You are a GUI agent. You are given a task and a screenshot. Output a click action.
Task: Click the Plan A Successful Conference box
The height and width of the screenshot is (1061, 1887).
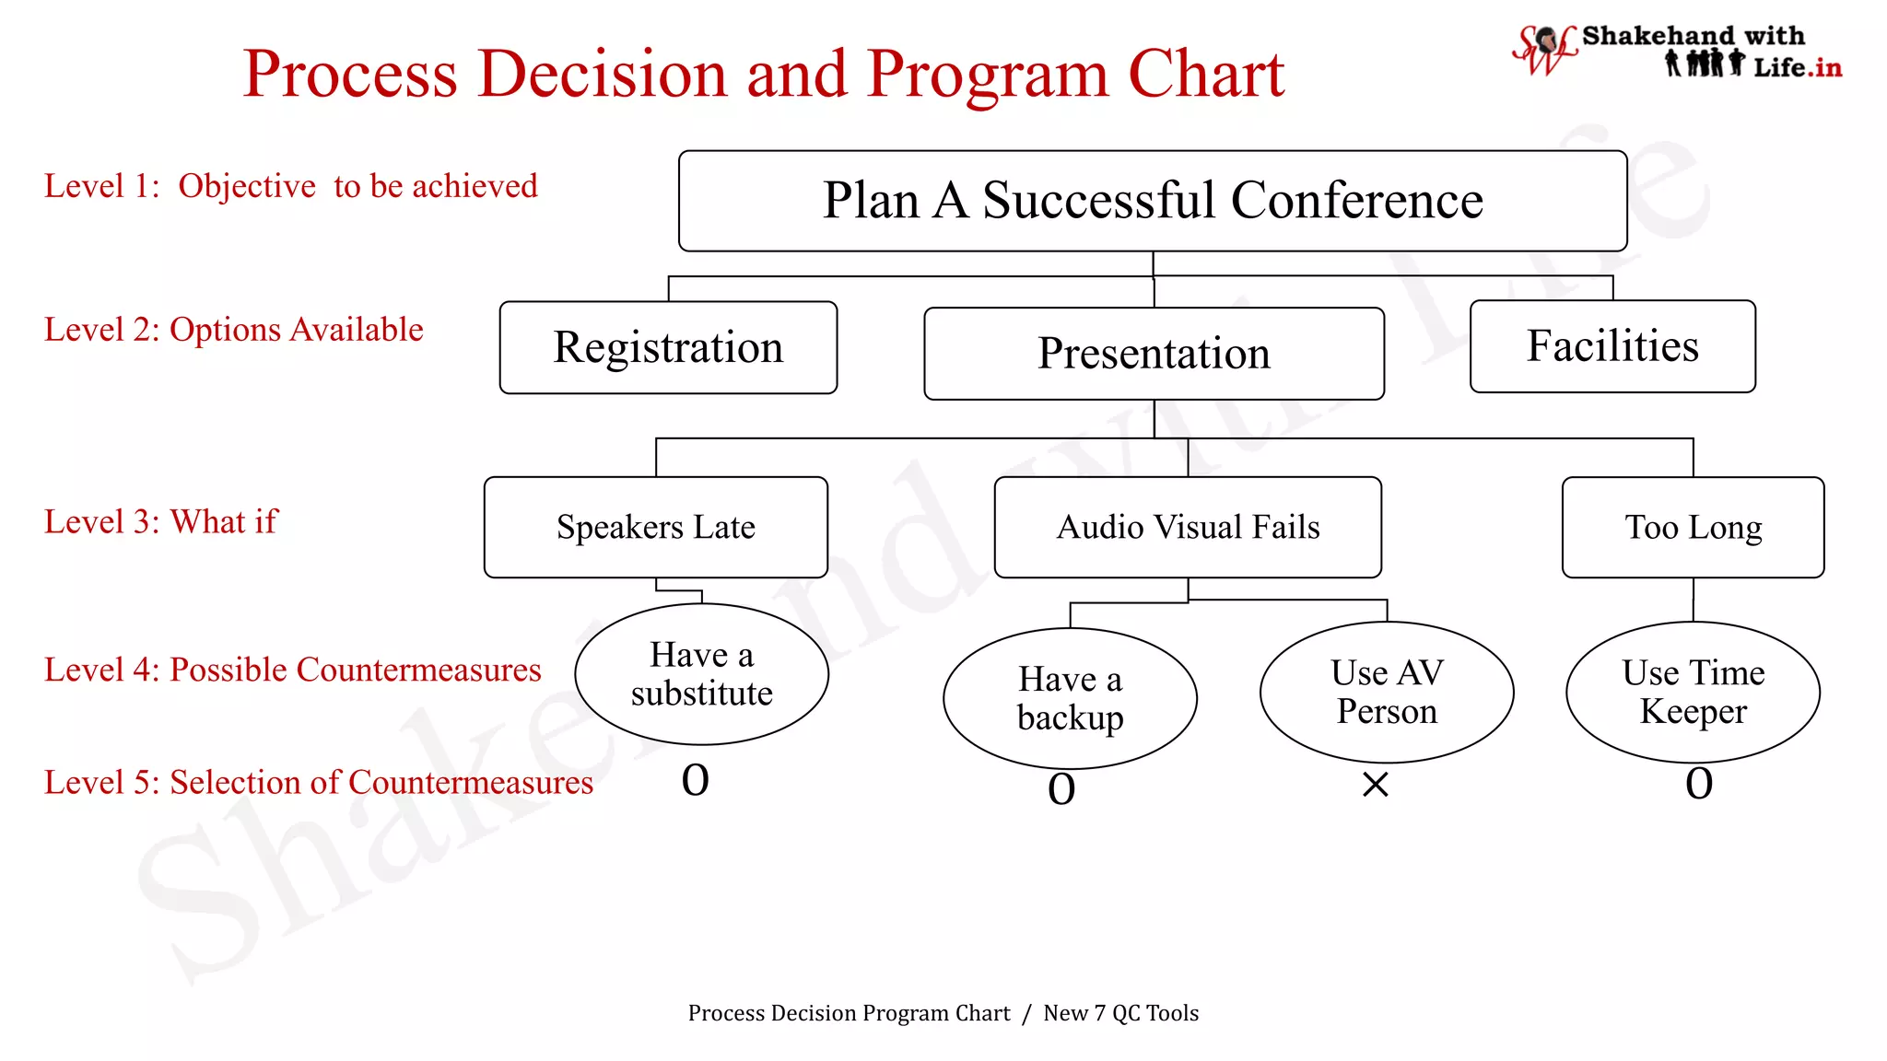[1153, 201]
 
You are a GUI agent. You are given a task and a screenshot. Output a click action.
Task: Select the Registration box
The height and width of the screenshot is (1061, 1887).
[668, 347]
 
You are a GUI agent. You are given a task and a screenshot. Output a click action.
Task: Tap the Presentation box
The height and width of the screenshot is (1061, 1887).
[1154, 354]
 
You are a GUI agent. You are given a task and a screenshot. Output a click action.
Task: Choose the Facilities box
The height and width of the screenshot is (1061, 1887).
[1612, 346]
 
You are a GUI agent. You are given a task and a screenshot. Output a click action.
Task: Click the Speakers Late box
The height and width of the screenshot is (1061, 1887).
[655, 527]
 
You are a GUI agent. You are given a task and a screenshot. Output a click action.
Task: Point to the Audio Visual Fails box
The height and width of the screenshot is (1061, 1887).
[1188, 527]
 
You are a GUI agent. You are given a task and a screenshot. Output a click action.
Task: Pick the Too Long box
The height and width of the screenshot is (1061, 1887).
[1693, 527]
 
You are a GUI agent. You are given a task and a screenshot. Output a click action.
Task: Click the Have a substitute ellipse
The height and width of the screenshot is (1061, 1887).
[701, 674]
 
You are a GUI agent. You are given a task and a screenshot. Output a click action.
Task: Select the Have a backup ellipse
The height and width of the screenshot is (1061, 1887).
[1070, 698]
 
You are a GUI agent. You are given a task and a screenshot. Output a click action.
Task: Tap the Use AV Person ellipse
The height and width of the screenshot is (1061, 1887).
[1387, 692]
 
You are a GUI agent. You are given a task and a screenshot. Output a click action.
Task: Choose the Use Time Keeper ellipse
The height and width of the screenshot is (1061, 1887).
[1693, 692]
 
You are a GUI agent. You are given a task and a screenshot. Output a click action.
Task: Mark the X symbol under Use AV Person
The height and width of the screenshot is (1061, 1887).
[1375, 785]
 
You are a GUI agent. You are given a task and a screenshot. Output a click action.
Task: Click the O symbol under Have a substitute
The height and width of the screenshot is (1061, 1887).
[695, 781]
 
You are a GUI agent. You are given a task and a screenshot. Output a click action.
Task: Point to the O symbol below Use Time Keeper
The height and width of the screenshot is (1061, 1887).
[1699, 784]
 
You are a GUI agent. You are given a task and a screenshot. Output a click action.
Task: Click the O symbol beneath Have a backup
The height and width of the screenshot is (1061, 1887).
[1061, 789]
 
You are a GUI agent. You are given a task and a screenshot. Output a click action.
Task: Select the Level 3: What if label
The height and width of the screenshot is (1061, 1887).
[160, 522]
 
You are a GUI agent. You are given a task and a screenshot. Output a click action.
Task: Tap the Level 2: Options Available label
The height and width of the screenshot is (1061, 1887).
[233, 330]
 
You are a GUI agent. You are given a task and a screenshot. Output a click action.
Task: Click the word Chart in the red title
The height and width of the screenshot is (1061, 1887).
[1206, 74]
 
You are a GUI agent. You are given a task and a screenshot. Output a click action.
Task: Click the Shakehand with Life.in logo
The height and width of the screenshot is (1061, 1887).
[1677, 52]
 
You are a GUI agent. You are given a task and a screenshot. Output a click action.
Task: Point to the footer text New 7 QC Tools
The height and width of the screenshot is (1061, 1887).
[1120, 1013]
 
